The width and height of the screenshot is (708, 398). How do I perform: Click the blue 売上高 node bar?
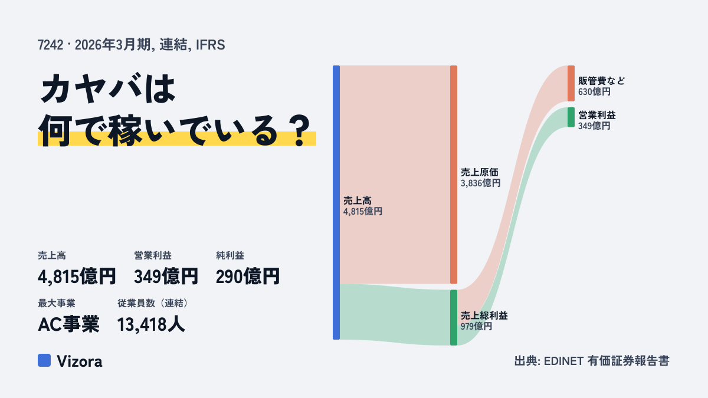(x=336, y=202)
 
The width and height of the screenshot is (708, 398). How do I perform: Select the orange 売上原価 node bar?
(x=454, y=175)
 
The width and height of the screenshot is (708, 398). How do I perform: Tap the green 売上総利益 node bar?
(x=454, y=317)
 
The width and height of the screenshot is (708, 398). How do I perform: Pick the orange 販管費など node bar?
(x=571, y=83)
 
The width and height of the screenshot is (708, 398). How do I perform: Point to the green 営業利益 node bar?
(x=571, y=117)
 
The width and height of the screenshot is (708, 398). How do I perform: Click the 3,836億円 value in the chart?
(x=480, y=183)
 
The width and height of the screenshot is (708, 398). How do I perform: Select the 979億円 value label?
(x=476, y=326)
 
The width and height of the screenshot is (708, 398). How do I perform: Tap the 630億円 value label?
(x=594, y=91)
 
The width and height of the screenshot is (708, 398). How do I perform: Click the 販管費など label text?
(x=601, y=81)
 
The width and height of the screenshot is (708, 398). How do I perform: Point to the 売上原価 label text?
(x=480, y=172)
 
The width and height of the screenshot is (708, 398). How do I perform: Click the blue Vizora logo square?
(x=44, y=360)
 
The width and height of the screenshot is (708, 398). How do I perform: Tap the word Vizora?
(x=80, y=361)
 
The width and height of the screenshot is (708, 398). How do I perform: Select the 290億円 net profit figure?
(x=248, y=277)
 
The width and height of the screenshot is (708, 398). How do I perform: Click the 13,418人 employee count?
(x=151, y=324)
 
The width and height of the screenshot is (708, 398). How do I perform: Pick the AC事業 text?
(x=68, y=324)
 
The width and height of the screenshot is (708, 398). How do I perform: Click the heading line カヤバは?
(x=108, y=88)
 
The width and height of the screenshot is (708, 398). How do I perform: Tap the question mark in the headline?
(x=300, y=130)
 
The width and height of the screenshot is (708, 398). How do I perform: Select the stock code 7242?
(x=50, y=45)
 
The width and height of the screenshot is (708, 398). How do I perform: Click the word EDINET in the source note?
(x=563, y=361)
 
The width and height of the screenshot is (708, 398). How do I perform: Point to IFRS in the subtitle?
(x=211, y=45)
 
